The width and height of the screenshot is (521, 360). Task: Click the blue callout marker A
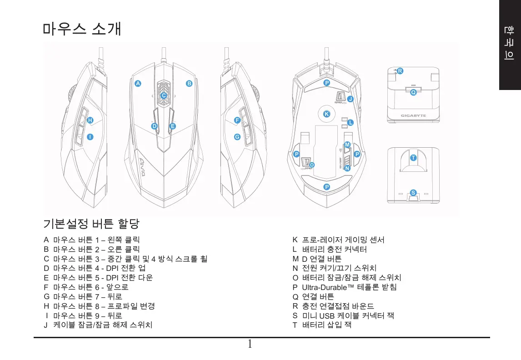coord(138,84)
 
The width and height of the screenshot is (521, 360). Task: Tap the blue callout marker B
coord(189,84)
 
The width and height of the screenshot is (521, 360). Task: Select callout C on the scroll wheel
coord(164,95)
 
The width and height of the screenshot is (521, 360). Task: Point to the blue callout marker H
coord(90,120)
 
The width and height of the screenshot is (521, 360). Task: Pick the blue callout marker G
coord(237,137)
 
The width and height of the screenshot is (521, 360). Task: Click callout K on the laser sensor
coord(326,114)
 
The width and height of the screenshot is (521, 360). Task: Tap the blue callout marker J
coord(350,99)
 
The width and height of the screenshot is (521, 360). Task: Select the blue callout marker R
coord(400,71)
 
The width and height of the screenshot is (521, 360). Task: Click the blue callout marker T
coord(413,158)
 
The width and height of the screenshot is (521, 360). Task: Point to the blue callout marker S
coord(413,192)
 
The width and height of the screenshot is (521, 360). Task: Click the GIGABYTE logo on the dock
coord(413,115)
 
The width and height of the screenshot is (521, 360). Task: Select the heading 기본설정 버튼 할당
coord(91,224)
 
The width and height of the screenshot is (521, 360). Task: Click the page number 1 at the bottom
coord(250,344)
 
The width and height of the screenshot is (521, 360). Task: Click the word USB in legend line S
coord(327,316)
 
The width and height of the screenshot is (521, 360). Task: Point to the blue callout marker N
coord(347,168)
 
